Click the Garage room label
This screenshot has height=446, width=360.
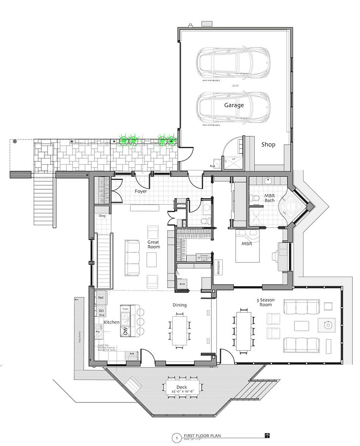(x=234, y=105)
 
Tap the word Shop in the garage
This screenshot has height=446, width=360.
(x=268, y=145)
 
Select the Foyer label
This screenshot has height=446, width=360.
(x=141, y=191)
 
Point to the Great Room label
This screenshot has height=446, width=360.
(x=153, y=244)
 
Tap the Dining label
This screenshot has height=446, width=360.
(x=179, y=305)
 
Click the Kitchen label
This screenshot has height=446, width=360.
(x=111, y=322)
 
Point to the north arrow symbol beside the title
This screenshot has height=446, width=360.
(x=267, y=435)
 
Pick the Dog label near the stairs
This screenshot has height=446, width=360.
(x=102, y=216)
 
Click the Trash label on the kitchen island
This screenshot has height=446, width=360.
(x=125, y=309)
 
